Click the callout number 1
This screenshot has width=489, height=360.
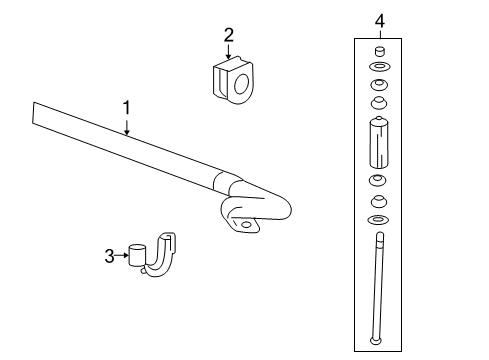pyautogui.click(x=127, y=105)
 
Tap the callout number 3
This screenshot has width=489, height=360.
pyautogui.click(x=109, y=256)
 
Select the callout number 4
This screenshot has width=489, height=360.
pyautogui.click(x=379, y=19)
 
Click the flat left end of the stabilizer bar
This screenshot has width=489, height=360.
pyautogui.click(x=36, y=114)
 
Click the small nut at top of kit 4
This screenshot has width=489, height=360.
pyautogui.click(x=379, y=51)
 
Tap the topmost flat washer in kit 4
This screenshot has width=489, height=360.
pyautogui.click(x=379, y=66)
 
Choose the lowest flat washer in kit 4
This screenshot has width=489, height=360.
pyautogui.click(x=379, y=218)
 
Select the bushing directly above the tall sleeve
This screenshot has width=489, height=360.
pyautogui.click(x=379, y=103)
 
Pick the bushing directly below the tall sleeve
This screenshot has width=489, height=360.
pyautogui.click(x=379, y=181)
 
